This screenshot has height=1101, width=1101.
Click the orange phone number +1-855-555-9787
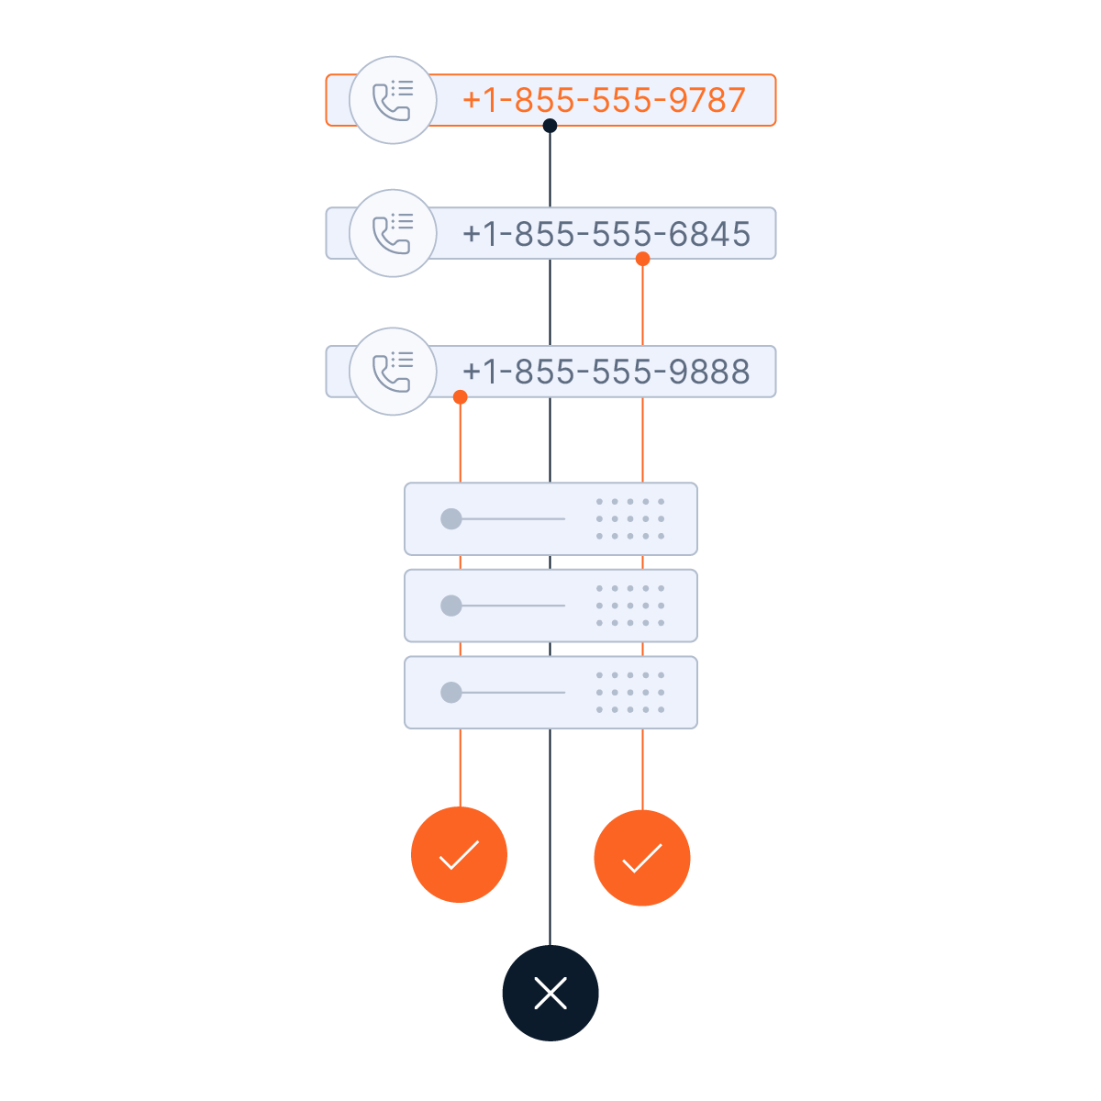point(604,99)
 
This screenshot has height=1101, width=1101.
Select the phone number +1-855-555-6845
point(606,234)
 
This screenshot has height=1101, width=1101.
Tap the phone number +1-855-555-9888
point(606,372)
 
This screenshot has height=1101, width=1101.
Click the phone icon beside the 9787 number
point(393,100)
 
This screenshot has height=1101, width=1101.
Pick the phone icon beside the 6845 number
point(393,233)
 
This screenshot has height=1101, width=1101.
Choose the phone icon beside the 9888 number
point(393,372)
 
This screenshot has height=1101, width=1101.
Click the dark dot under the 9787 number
point(550,126)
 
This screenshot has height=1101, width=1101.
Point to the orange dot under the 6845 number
point(643,260)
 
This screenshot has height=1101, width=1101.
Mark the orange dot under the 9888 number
point(461,397)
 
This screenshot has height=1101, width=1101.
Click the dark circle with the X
point(550,993)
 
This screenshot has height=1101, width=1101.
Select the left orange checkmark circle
point(459,855)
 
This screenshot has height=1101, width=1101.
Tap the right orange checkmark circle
point(642,858)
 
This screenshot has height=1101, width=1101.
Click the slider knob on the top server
point(450,519)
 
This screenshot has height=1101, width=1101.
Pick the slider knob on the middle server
point(450,606)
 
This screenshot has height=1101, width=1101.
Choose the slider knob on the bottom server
point(450,693)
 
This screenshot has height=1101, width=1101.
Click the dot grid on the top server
point(630,519)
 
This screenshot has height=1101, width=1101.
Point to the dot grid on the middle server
point(630,606)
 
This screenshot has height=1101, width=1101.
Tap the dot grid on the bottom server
point(630,693)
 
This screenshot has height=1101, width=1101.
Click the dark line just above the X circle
point(550,917)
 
